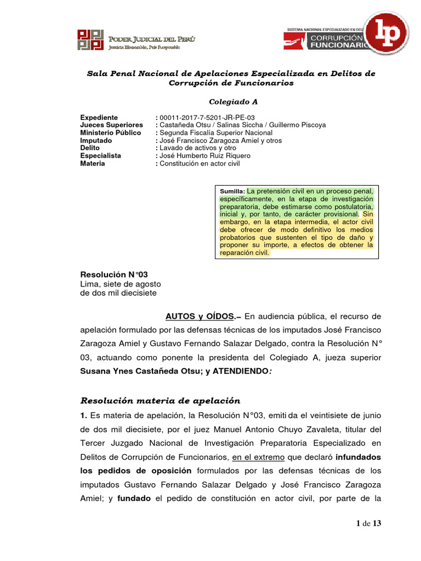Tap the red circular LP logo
coord(386,32)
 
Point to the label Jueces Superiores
coord(111,125)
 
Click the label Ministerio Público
coord(110,133)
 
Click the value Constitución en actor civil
coord(200,163)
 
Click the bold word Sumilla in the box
coord(232,191)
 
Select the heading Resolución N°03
coord(114,274)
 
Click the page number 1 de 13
coord(368,524)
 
